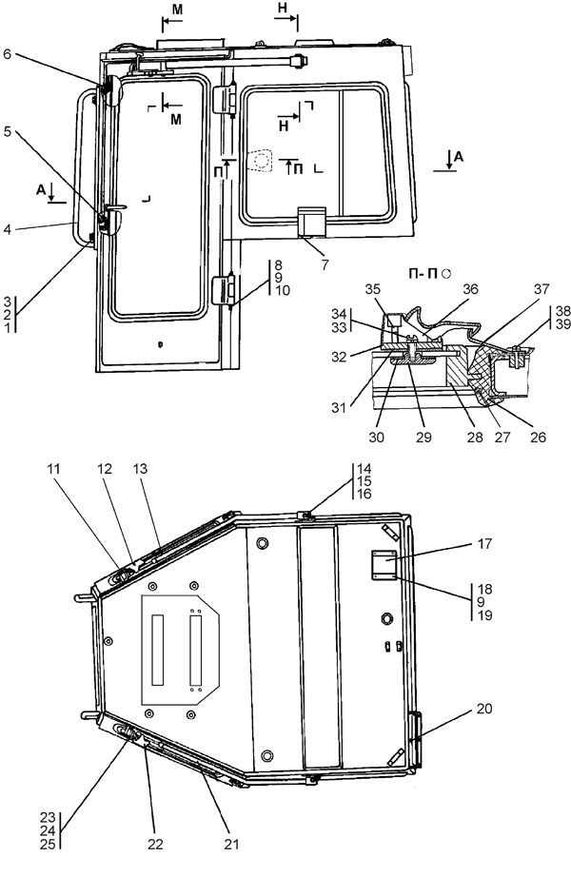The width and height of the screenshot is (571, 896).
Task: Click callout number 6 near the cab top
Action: [8, 54]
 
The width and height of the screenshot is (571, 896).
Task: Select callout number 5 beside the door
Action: [8, 131]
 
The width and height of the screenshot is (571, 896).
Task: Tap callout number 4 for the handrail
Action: [7, 230]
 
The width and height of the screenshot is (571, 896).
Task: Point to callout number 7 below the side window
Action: [325, 265]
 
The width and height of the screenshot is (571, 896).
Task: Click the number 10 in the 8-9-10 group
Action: [283, 290]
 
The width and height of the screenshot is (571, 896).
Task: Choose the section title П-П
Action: [423, 274]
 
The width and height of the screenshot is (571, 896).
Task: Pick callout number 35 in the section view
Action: [373, 289]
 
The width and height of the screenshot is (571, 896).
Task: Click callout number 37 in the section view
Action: [541, 289]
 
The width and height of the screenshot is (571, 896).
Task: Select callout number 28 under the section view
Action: [475, 438]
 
